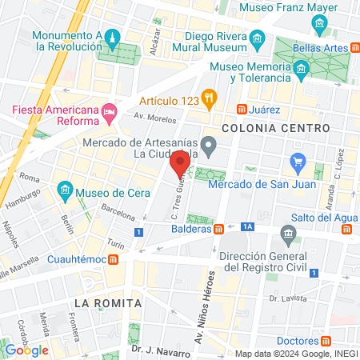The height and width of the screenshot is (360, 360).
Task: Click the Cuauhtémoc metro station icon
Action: tap(114, 259)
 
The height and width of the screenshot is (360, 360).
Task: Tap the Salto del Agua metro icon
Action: tap(346, 230)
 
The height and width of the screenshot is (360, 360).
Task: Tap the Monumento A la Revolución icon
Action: tap(114, 38)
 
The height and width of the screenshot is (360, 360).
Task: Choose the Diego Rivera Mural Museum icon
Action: tap(258, 38)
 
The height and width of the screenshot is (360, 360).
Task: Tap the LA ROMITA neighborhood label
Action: tap(108, 303)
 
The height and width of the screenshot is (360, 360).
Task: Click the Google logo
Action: tap(27, 350)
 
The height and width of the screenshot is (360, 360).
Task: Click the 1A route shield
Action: tap(248, 227)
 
